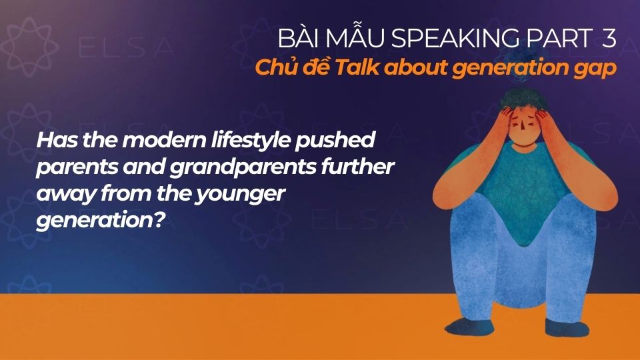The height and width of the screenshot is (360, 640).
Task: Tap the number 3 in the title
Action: (609, 40)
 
